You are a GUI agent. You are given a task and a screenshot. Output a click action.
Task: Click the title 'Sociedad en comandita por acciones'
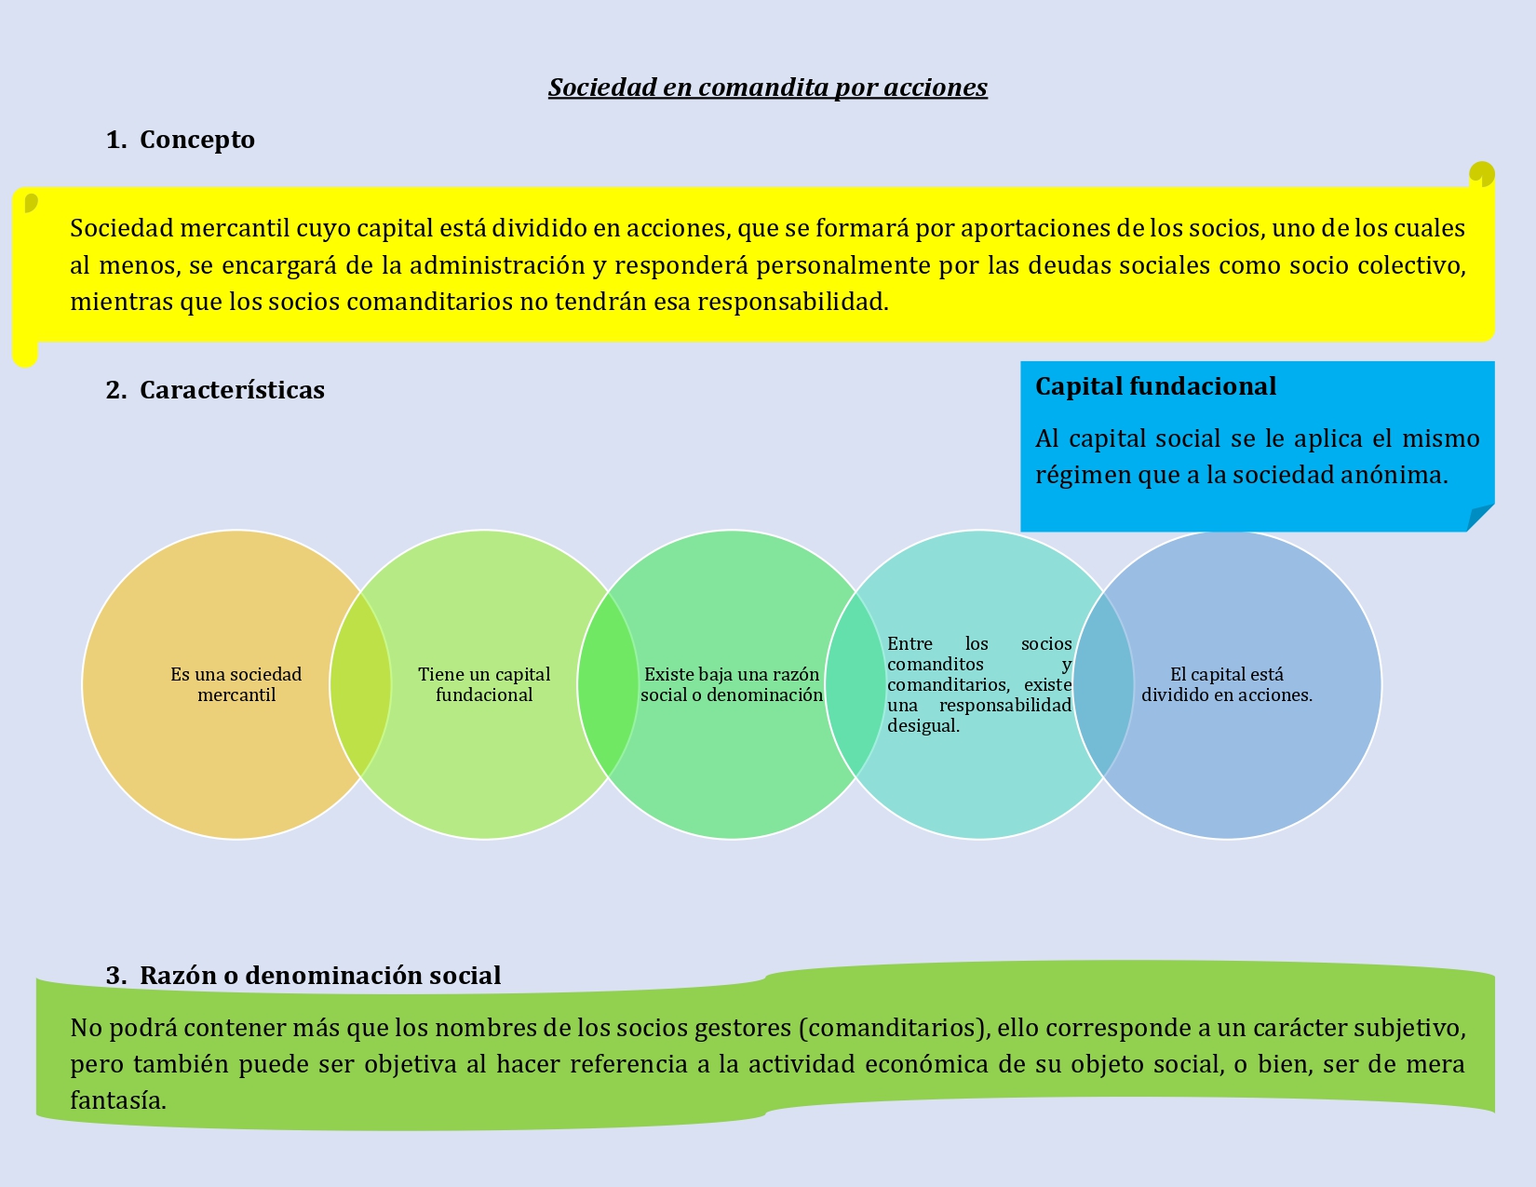coord(767,88)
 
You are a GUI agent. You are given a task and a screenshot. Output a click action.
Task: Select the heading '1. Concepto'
coord(181,140)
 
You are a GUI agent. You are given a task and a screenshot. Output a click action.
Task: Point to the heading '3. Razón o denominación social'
coord(303,976)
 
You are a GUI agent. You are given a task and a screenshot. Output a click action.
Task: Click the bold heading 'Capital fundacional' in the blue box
coord(1155,386)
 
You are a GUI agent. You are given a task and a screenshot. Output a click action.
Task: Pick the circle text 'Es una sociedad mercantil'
coord(236,685)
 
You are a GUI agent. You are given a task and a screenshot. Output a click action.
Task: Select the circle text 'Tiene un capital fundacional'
coord(484,685)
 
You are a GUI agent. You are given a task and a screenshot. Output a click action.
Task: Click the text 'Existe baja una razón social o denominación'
coord(732,685)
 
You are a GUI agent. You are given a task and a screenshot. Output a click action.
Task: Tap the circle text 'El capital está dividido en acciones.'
coord(1227,685)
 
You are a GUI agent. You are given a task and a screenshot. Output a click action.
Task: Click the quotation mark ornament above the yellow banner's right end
coord(1481,174)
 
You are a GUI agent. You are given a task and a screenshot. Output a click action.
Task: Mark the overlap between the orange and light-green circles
coord(360,685)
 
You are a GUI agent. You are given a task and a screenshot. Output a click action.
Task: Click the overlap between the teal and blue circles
coord(1103,685)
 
